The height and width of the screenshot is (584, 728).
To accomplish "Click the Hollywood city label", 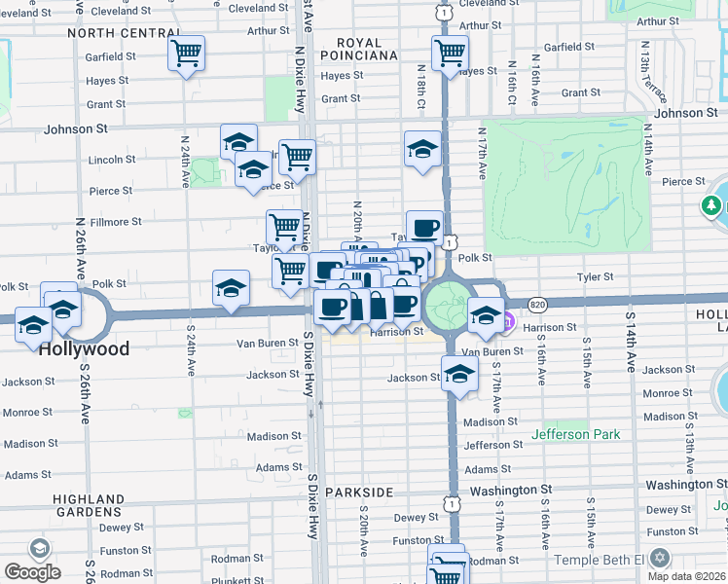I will (x=84, y=348).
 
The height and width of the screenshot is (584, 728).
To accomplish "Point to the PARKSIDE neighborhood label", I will (x=358, y=493).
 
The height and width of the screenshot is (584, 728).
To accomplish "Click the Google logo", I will (x=32, y=571).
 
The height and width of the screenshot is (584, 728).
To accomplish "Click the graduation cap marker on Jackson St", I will (x=459, y=374).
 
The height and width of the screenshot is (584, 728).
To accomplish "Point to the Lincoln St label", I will (x=112, y=160).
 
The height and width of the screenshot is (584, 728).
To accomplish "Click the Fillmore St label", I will (x=116, y=222).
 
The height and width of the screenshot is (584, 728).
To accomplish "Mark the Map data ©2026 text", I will (x=687, y=576).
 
